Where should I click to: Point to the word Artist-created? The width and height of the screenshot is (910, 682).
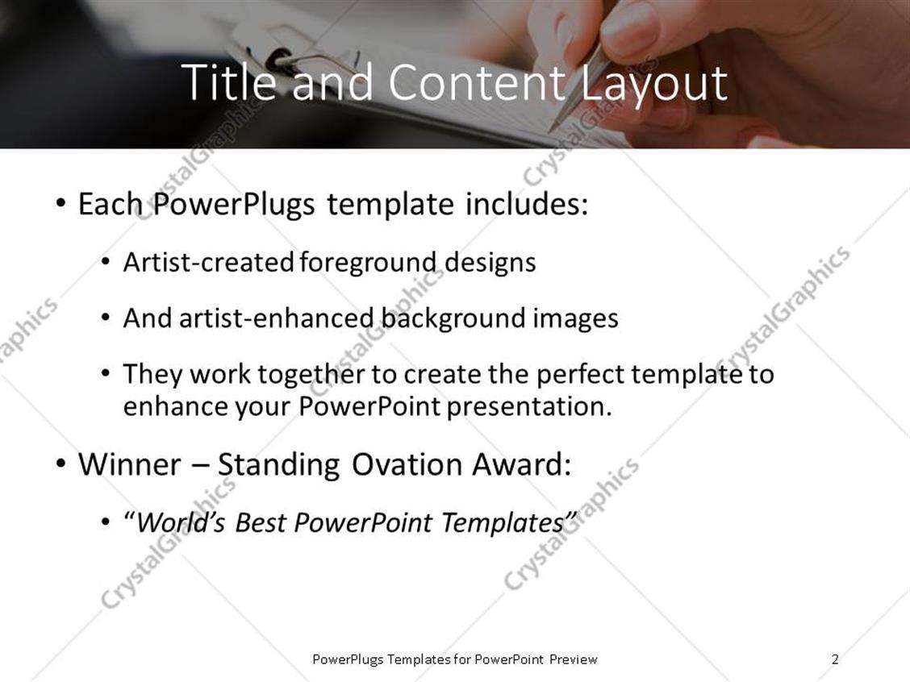pyautogui.click(x=208, y=263)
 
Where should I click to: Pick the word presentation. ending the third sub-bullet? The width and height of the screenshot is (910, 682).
pyautogui.click(x=529, y=406)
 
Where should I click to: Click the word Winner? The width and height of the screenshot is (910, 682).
pyautogui.click(x=129, y=465)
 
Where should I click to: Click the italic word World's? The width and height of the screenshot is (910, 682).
pyautogui.click(x=182, y=523)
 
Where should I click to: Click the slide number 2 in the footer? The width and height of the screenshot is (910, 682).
pyautogui.click(x=835, y=659)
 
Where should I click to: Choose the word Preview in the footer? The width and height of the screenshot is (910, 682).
pyautogui.click(x=573, y=659)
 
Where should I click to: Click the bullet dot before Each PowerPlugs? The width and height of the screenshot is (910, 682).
pyautogui.click(x=61, y=203)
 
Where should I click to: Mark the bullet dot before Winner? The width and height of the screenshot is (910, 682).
pyautogui.click(x=61, y=464)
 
